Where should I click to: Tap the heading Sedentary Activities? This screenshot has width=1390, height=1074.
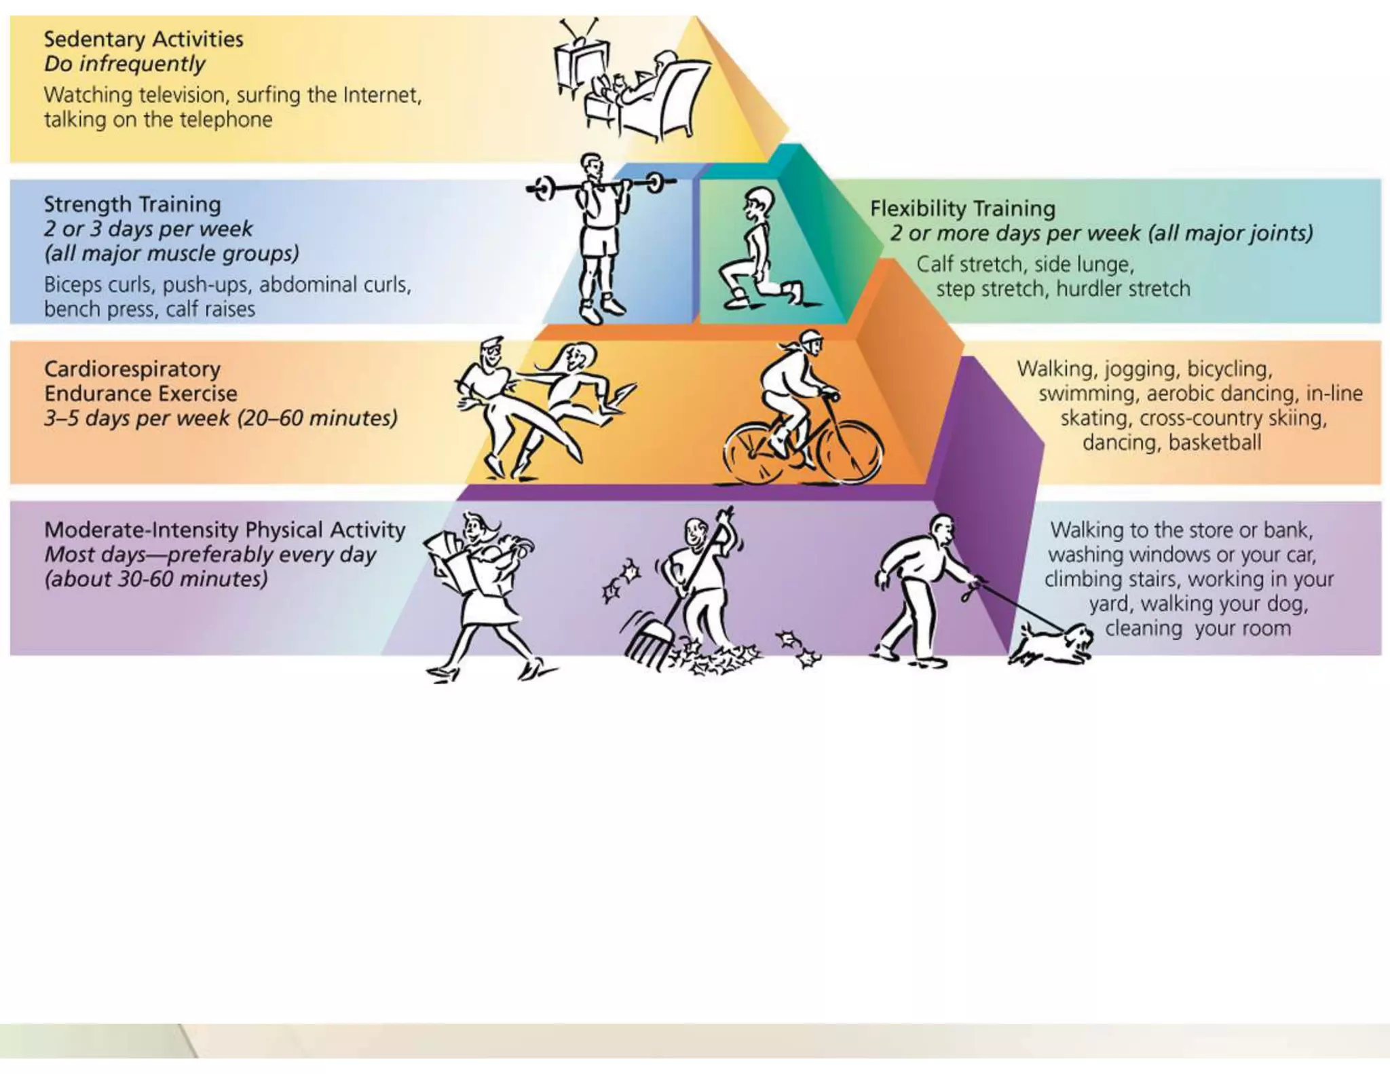143,39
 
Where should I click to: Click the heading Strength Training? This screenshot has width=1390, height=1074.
132,204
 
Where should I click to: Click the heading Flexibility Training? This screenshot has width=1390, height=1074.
962,208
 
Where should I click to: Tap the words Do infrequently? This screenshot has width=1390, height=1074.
125,64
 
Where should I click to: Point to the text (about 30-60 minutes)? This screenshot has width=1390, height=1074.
156,579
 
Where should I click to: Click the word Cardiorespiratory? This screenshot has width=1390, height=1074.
132,369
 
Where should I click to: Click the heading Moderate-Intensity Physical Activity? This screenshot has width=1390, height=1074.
225,530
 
